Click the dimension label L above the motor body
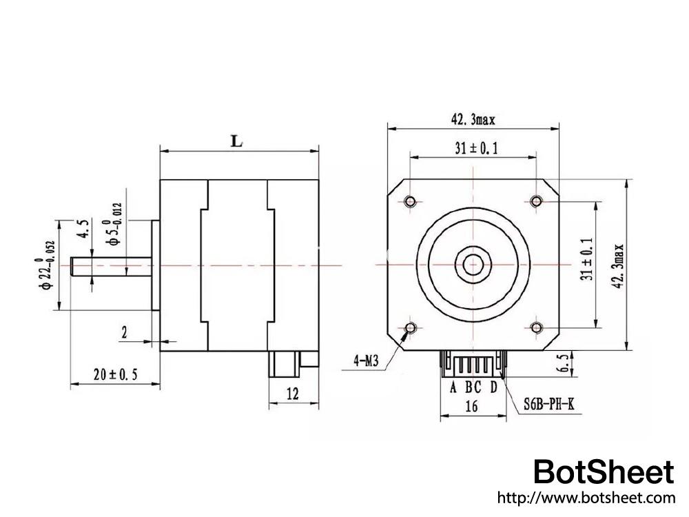[237, 141]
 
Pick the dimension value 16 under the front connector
[471, 407]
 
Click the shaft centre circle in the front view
[473, 264]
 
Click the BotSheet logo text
[604, 472]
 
